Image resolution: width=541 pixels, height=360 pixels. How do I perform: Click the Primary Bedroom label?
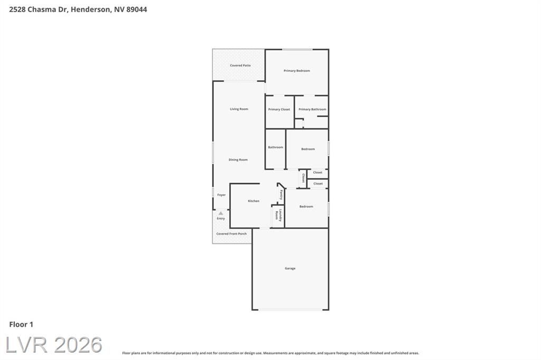(x=297, y=71)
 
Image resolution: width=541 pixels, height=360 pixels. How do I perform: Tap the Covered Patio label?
(x=240, y=65)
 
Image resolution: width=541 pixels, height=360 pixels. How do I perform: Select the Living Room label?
(x=239, y=109)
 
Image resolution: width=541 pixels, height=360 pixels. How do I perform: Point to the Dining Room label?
(x=238, y=159)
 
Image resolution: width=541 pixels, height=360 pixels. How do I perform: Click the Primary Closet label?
(x=279, y=109)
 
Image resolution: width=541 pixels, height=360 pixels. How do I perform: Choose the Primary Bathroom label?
(x=312, y=109)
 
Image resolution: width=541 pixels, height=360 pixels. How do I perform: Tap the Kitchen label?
(x=254, y=201)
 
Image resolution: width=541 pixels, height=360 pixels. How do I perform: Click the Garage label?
(x=290, y=268)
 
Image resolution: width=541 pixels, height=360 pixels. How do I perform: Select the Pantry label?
(x=281, y=195)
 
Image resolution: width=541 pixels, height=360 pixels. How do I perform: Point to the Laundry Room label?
(x=278, y=215)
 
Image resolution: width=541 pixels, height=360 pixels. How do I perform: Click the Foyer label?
(x=221, y=195)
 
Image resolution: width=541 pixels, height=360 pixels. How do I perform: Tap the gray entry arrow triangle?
(x=221, y=213)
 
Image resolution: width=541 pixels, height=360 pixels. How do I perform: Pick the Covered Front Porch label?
(x=231, y=234)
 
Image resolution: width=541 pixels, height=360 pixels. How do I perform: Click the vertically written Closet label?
(x=303, y=178)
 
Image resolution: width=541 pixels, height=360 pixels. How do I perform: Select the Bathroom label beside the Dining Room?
(x=275, y=147)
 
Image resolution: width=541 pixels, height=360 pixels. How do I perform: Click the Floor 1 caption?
(x=21, y=325)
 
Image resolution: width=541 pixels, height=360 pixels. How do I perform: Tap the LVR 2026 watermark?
(x=54, y=345)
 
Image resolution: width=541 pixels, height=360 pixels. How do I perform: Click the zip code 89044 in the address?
(x=137, y=10)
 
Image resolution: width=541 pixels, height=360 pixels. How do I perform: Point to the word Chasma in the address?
(x=41, y=10)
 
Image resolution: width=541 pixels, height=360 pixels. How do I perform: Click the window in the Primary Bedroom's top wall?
(x=297, y=50)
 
